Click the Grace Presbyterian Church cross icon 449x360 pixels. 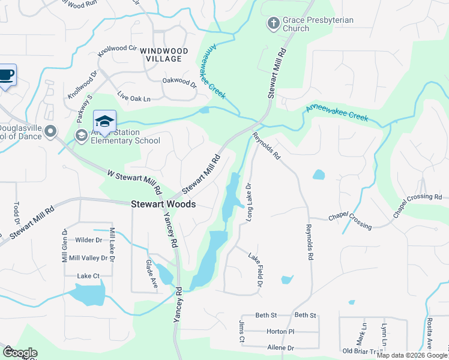click(273, 24)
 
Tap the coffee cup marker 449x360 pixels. click(7, 76)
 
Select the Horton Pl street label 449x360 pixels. click(280, 331)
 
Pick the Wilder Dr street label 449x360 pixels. click(89, 240)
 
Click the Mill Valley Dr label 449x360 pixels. click(88, 258)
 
